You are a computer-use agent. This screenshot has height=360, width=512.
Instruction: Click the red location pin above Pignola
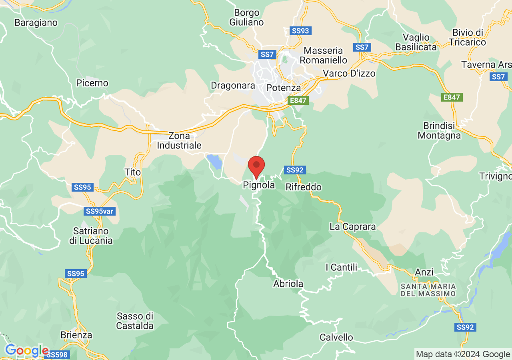tap(256, 165)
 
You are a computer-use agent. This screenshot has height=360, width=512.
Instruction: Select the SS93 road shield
tap(300, 31)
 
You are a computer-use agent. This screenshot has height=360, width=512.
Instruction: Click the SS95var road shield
tap(100, 211)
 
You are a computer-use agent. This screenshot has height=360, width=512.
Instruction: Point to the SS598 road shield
tap(57, 355)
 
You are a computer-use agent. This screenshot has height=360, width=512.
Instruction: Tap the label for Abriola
tap(288, 284)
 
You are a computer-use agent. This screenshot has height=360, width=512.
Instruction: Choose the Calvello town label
tap(336, 337)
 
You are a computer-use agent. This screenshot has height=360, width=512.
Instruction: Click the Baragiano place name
tap(36, 22)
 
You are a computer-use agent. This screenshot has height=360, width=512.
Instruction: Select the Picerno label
tap(92, 83)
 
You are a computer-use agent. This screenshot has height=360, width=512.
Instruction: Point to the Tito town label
tap(133, 172)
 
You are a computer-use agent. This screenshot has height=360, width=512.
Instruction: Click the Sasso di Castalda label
tap(135, 321)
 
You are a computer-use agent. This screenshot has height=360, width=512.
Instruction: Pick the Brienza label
tap(76, 335)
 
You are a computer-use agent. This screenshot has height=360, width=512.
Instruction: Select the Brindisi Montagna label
tap(439, 130)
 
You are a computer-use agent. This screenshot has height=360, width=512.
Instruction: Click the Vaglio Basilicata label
tap(416, 42)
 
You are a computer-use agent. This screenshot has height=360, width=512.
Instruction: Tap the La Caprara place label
tap(353, 227)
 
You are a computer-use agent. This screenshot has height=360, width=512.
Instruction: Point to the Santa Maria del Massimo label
tap(428, 290)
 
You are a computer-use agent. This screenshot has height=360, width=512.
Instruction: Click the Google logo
tap(26, 351)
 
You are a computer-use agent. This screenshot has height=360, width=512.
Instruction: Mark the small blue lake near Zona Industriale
tap(214, 162)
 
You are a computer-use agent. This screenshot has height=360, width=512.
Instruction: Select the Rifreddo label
tap(304, 187)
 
